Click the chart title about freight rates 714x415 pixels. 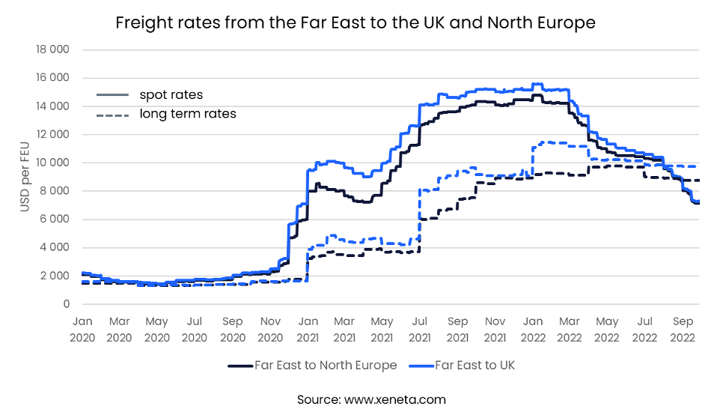(x=356, y=23)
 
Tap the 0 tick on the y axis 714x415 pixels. (x=66, y=304)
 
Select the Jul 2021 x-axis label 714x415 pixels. (x=420, y=329)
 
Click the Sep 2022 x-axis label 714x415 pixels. (x=683, y=329)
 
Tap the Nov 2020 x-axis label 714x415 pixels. (x=270, y=329)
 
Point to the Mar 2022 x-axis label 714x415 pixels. (x=570, y=329)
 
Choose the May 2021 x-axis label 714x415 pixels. (x=382, y=329)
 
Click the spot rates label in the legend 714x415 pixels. (x=171, y=95)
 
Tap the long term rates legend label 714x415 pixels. (x=188, y=114)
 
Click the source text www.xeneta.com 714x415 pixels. (x=371, y=399)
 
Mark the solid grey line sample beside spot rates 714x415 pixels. (x=112, y=95)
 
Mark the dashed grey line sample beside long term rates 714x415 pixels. (x=112, y=114)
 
